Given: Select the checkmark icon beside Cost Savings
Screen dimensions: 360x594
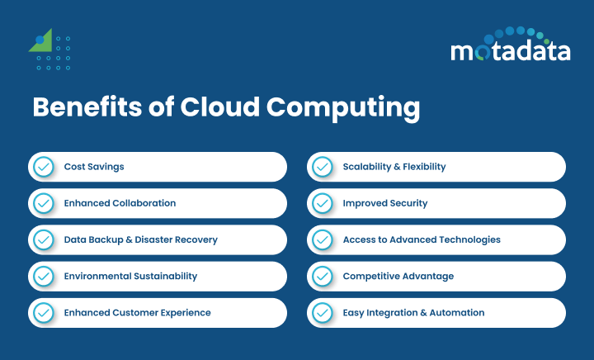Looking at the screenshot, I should pos(42,167).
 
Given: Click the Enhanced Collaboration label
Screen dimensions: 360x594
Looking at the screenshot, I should pos(120,203).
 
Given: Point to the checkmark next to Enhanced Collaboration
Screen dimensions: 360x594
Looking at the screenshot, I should pos(42,203).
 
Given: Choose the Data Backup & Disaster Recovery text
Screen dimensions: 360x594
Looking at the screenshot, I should pos(140,239).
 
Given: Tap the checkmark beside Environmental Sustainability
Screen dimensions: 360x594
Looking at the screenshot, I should pos(42,276).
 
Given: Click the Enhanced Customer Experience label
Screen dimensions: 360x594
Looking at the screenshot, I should pos(137,313).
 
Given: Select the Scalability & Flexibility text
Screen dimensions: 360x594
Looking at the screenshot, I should pos(394,167).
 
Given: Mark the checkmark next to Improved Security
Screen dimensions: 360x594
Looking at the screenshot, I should pos(321,203).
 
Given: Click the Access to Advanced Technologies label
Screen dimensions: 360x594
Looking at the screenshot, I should pos(421,239).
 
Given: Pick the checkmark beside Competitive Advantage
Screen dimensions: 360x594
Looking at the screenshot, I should pos(321,276).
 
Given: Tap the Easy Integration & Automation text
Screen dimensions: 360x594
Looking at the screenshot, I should pos(413,313).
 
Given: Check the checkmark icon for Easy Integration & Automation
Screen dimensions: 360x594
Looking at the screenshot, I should pos(321,313).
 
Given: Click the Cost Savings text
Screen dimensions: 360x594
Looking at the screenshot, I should pos(94,167).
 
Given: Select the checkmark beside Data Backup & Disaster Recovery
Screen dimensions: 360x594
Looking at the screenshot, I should pos(42,239).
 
